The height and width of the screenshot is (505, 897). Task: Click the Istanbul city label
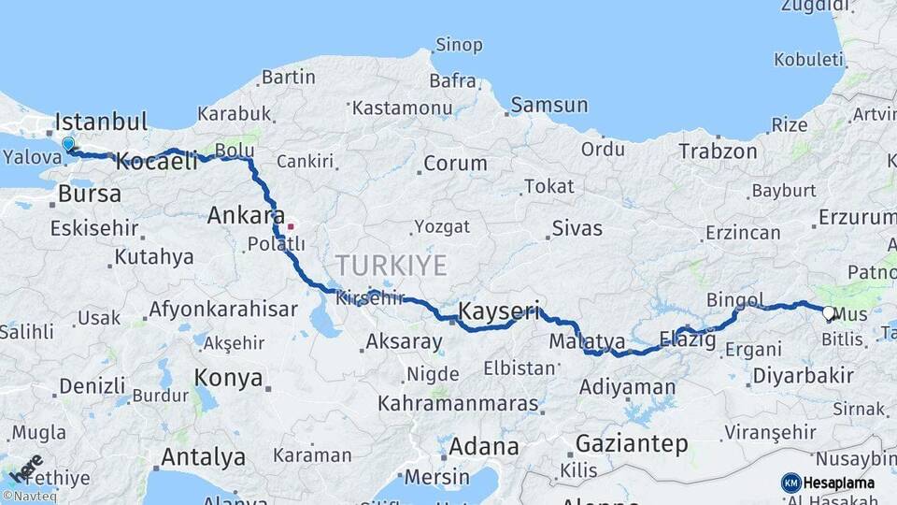[x=101, y=122]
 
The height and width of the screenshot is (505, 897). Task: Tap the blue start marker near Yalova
[x=68, y=145]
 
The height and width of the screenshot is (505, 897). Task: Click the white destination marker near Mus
[x=828, y=314]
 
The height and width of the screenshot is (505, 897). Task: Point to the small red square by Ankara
[x=292, y=225]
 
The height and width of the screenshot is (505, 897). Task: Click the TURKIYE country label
[x=392, y=265]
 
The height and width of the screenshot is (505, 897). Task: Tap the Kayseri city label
[x=499, y=310]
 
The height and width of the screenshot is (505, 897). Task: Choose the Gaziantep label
[x=632, y=443]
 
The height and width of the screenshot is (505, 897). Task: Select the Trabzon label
[x=718, y=151]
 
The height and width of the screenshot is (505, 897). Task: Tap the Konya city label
[x=227, y=378]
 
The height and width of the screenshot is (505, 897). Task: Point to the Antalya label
[x=203, y=457]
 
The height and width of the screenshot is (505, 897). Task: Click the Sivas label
[x=577, y=227]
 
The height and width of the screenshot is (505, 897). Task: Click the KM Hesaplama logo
[x=828, y=483]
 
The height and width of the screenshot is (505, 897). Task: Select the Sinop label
[x=459, y=45]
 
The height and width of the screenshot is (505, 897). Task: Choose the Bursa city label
[x=90, y=195]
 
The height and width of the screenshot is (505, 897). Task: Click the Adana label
[x=483, y=446]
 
